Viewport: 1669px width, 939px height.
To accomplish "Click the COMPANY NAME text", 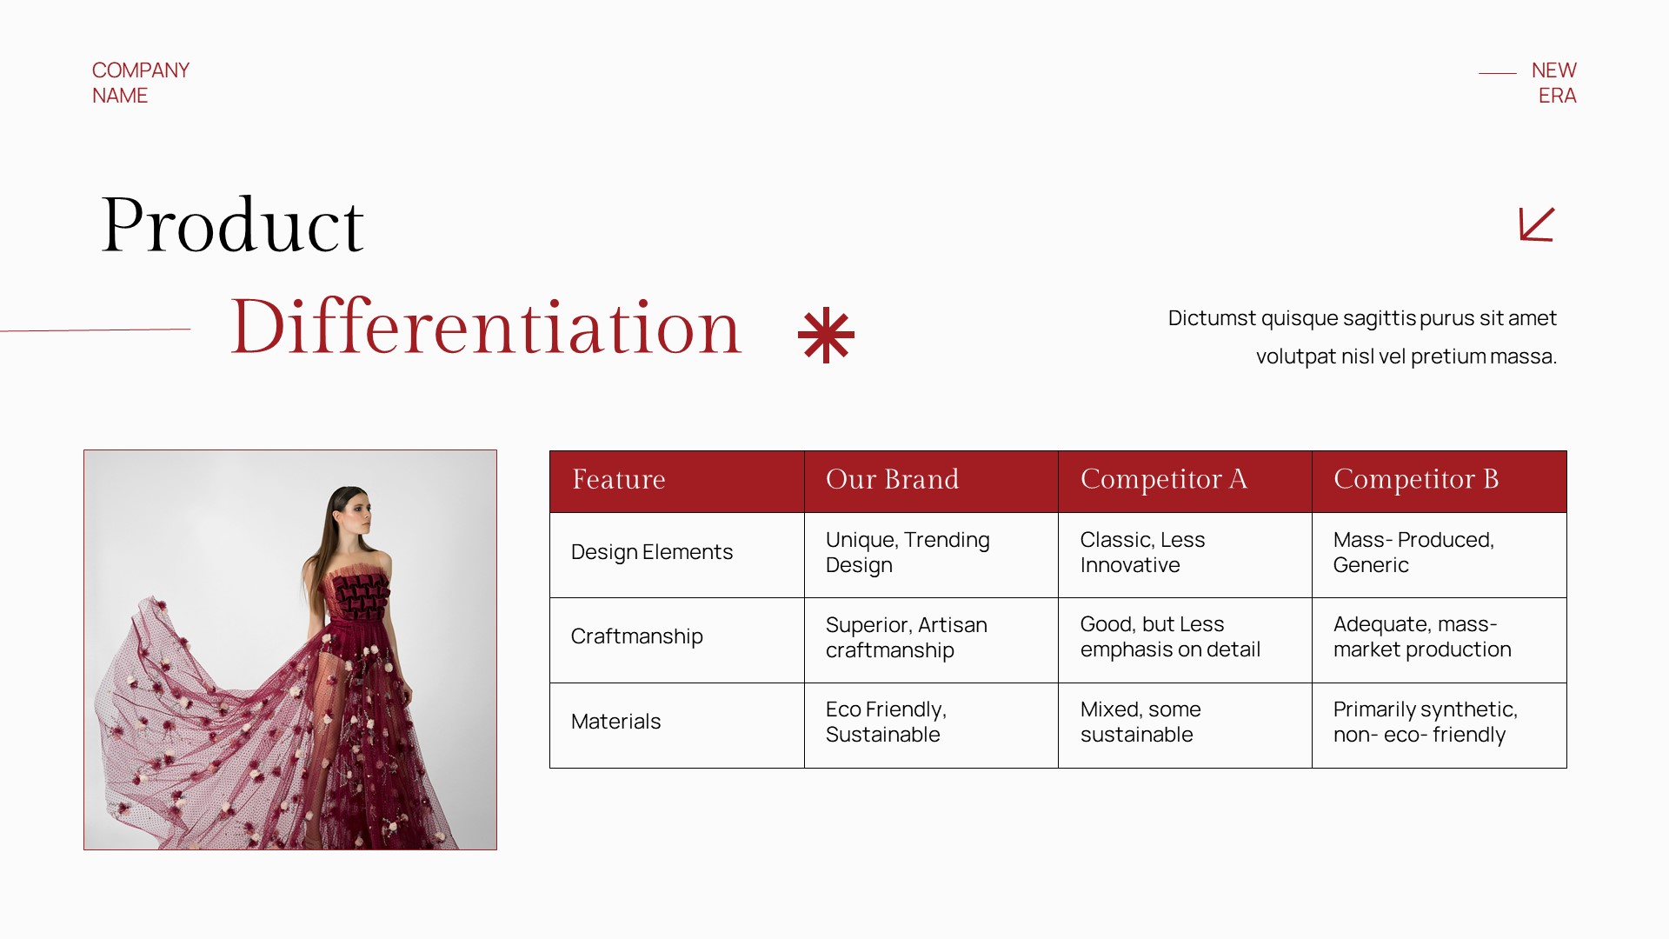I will click(x=140, y=83).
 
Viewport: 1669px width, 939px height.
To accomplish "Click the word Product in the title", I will click(x=232, y=226).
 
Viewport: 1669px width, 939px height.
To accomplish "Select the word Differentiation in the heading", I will click(x=486, y=328).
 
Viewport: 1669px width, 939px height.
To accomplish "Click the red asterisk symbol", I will click(x=826, y=335).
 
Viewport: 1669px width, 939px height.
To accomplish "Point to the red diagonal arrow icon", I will click(x=1536, y=224).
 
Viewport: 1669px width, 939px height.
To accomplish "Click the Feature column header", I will click(x=619, y=480).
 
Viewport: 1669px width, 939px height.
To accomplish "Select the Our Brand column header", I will click(x=893, y=480).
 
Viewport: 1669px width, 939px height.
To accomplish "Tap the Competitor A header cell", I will click(x=1164, y=480).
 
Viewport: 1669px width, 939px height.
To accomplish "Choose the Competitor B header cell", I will click(x=1416, y=480).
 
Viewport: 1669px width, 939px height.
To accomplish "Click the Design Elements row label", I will click(x=652, y=553).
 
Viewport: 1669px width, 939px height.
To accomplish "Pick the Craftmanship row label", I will click(x=637, y=637).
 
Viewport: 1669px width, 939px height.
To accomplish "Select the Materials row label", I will click(x=615, y=722).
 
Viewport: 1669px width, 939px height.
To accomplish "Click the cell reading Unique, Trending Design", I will click(x=908, y=553).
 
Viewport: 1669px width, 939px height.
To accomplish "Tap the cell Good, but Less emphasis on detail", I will click(x=1170, y=637).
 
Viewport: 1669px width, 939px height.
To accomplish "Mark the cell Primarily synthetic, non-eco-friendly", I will click(x=1426, y=723).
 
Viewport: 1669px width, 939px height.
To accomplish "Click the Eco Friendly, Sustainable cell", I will click(x=886, y=723).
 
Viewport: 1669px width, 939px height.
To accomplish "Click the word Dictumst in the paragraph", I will click(x=1212, y=318).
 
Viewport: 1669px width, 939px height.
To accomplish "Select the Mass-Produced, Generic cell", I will click(x=1413, y=553).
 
